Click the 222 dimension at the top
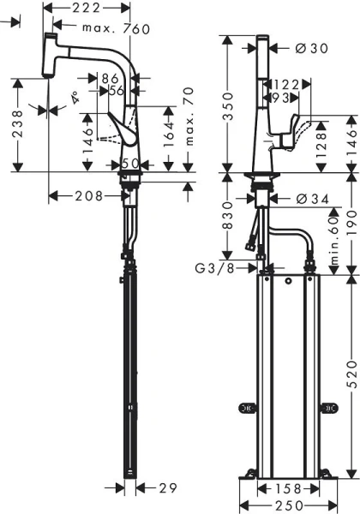click(86, 8)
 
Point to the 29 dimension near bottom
click(167, 487)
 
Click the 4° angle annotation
click(75, 100)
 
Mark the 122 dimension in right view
click(285, 84)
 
